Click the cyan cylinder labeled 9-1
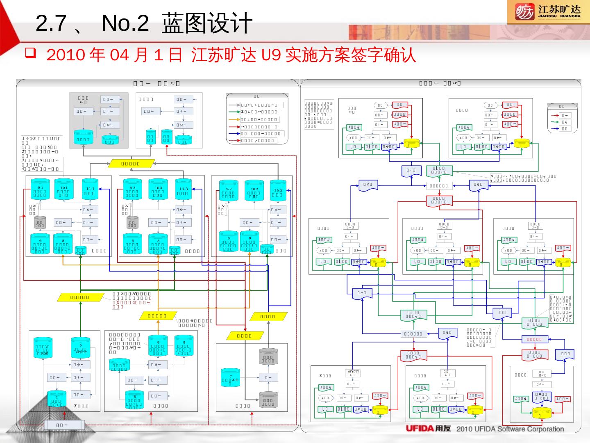pyautogui.click(x=40, y=190)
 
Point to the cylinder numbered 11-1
pyautogui.click(x=90, y=190)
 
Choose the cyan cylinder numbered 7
pyautogui.click(x=230, y=379)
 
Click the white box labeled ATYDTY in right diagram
pyautogui.click(x=353, y=373)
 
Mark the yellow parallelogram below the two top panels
pyautogui.click(x=131, y=164)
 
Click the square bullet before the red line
pyautogui.click(x=30, y=53)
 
